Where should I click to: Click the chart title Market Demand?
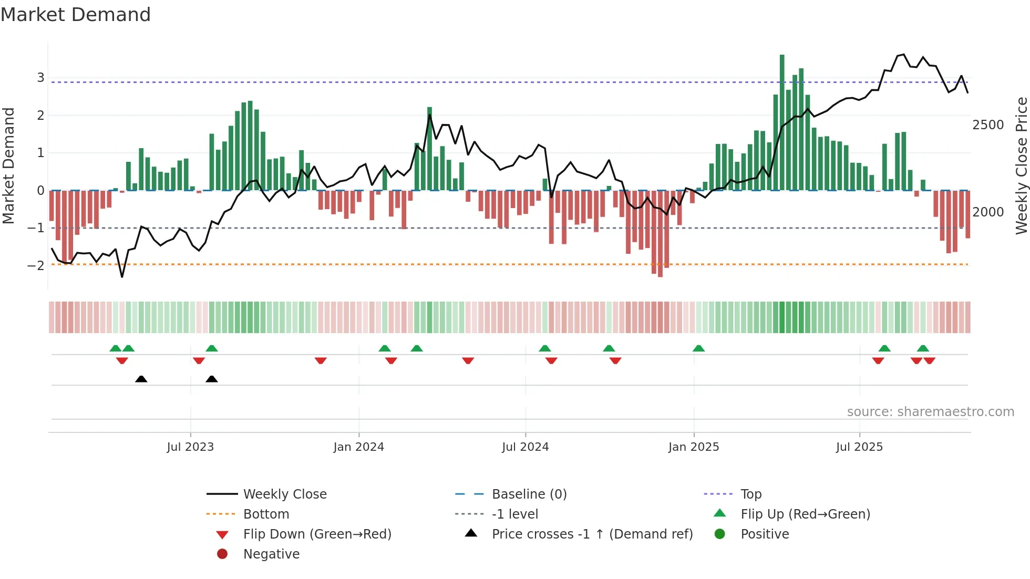click(76, 15)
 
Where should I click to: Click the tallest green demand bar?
click(782, 122)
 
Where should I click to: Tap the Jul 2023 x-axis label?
click(190, 447)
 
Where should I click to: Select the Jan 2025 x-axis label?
click(694, 447)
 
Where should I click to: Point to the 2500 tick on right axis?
click(988, 125)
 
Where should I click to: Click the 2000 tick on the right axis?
click(988, 212)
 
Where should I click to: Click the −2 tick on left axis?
click(36, 265)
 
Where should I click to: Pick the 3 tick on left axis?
click(40, 78)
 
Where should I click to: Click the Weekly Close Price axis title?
click(1021, 166)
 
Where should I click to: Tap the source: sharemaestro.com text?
click(930, 412)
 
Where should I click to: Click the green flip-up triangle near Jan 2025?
click(698, 348)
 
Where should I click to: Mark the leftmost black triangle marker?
click(141, 379)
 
